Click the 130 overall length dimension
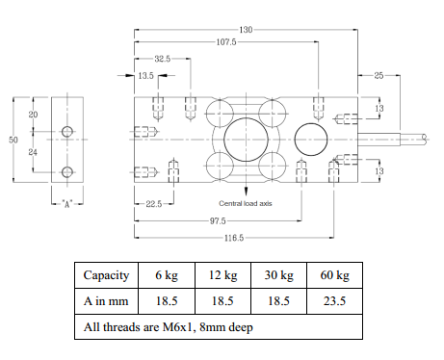click(x=246, y=30)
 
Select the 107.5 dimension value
click(x=226, y=42)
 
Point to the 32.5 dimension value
click(x=162, y=59)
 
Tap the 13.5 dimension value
click(x=146, y=76)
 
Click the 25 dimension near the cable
click(x=379, y=76)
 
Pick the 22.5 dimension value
click(x=154, y=204)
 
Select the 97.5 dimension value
click(x=218, y=221)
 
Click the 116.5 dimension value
click(x=234, y=238)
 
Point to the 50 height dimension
click(x=13, y=140)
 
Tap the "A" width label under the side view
click(x=67, y=204)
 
